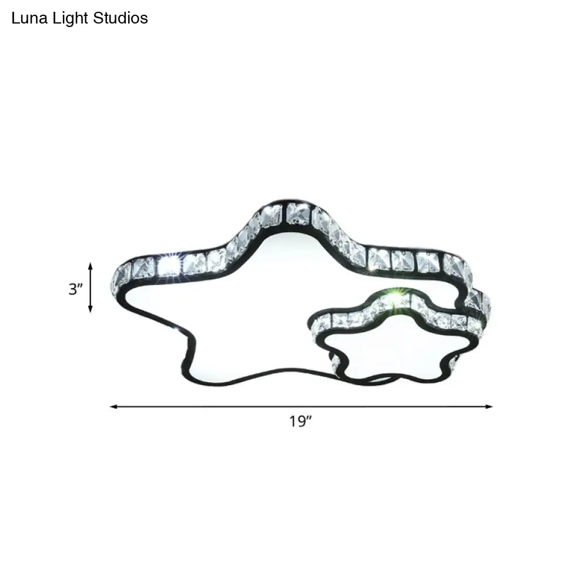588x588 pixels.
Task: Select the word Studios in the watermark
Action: pos(121,18)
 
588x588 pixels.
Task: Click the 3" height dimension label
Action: pos(75,289)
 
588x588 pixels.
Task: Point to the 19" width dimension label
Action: pos(300,422)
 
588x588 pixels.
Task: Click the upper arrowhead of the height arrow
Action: pos(90,266)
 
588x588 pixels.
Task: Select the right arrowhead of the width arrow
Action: pos(489,406)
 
